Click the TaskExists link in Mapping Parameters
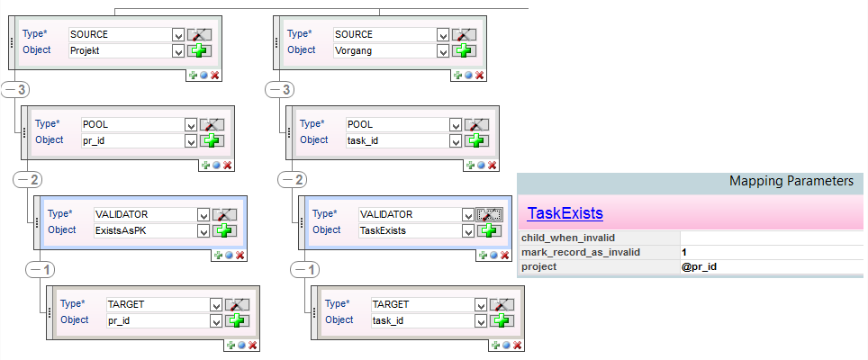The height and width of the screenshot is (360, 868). point(565,213)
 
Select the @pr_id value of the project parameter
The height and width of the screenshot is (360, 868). point(701,266)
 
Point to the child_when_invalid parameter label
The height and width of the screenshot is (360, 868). point(567,238)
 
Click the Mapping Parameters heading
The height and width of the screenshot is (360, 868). point(791,181)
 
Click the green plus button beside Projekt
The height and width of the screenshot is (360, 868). point(198,50)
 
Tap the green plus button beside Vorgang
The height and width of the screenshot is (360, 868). point(463,50)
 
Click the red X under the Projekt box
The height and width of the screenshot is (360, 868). point(215,75)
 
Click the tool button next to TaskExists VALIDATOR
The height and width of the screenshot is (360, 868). point(489,214)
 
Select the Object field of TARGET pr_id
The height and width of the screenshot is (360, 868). point(157,320)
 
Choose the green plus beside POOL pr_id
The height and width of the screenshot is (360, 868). point(211,140)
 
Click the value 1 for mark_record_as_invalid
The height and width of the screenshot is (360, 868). point(685,252)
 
